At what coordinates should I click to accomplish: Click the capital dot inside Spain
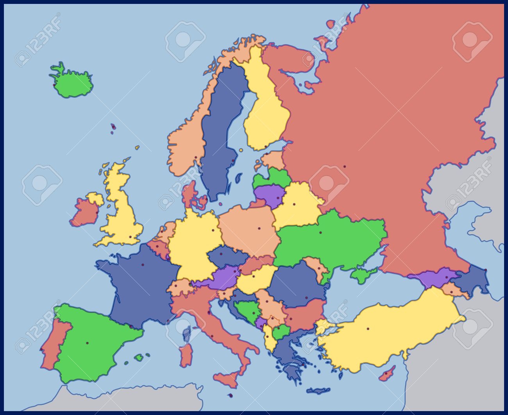click(87, 343)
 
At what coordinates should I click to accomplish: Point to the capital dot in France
click(143, 265)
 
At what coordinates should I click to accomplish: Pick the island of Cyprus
click(386, 374)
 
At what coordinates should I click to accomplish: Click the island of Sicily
click(227, 378)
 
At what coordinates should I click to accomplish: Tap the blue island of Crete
click(318, 390)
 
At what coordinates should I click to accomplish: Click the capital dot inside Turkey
click(368, 329)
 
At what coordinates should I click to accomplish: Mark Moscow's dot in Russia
click(344, 167)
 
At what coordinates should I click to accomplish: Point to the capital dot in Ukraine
click(320, 233)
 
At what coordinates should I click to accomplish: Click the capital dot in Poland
click(259, 228)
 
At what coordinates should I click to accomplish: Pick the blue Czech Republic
click(227, 256)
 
